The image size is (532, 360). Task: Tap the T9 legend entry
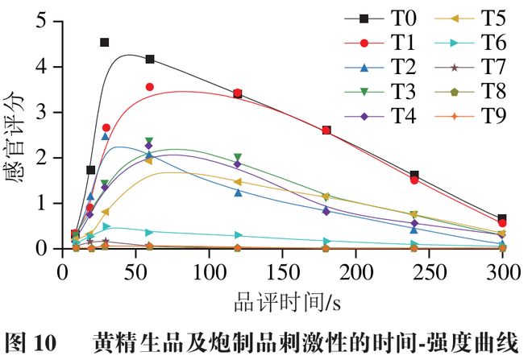pos(484,116)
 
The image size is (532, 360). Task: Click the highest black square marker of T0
pos(105,42)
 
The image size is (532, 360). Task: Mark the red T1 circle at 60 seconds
pos(149,87)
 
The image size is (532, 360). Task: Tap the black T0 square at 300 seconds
pos(502,218)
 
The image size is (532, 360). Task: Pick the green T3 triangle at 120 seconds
pos(238,158)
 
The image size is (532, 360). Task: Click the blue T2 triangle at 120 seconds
pos(238,192)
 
